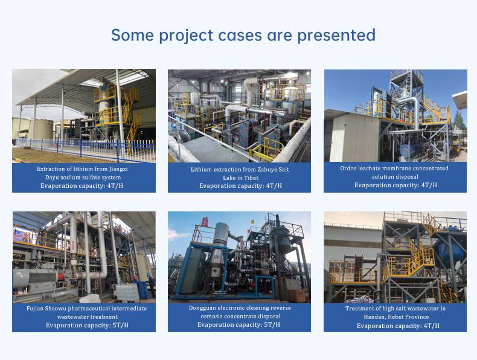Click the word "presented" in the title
pyautogui.click(x=336, y=36)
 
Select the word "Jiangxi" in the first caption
pyautogui.click(x=118, y=169)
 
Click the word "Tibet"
pyautogui.click(x=251, y=178)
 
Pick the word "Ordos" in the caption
pyautogui.click(x=348, y=168)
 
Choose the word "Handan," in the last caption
pyautogui.click(x=374, y=317)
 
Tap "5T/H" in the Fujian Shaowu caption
pyautogui.click(x=121, y=325)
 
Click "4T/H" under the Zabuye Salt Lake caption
pyautogui.click(x=274, y=185)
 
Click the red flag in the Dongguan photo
pyautogui.click(x=205, y=222)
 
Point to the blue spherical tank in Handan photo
pyautogui.click(x=450, y=246)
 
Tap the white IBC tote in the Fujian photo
pyautogui.click(x=127, y=292)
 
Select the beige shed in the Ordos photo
pyautogui.click(x=354, y=138)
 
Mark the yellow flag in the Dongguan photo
pyautogui.click(x=252, y=222)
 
